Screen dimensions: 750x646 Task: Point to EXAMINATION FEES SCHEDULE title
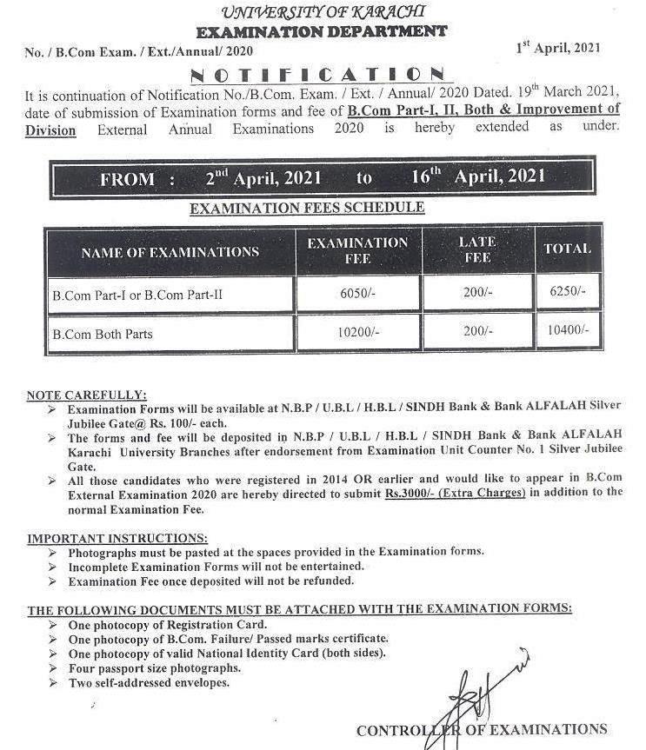click(x=306, y=209)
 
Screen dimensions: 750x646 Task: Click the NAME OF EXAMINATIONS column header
click(x=170, y=252)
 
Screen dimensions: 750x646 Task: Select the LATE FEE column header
click(x=477, y=249)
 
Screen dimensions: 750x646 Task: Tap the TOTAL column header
click(x=567, y=249)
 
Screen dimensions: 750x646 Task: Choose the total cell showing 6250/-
click(x=568, y=293)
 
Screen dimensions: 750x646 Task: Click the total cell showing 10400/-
click(x=568, y=331)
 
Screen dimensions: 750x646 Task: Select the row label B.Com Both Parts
click(x=103, y=334)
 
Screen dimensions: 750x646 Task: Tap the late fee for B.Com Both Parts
click(x=477, y=332)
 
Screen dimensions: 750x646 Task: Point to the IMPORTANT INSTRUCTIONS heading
click(x=117, y=539)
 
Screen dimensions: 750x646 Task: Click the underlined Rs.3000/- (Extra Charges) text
click(x=456, y=493)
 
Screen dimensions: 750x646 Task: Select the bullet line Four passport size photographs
click(x=155, y=668)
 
